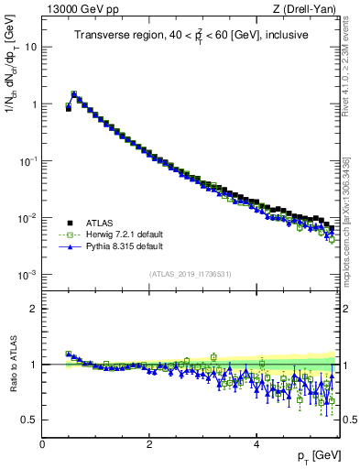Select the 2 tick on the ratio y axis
pyautogui.click(x=33, y=308)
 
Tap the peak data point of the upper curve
pyautogui.click(x=74, y=93)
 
